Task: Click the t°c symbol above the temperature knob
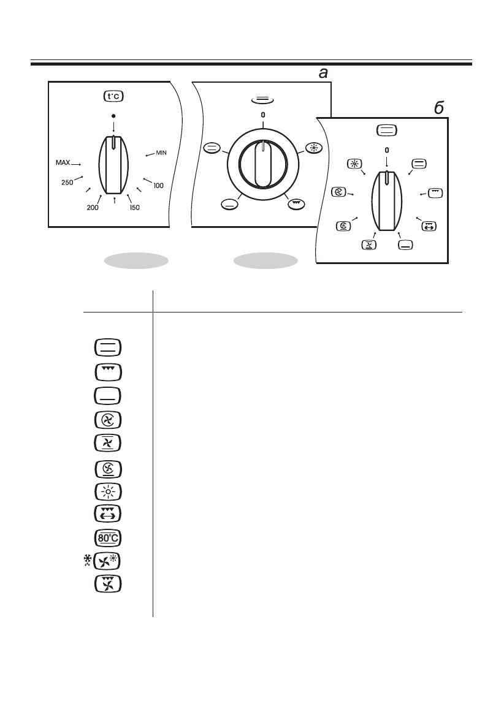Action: [113, 96]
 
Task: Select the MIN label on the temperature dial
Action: [161, 153]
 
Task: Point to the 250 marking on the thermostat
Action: [67, 182]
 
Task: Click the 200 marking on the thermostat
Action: [93, 208]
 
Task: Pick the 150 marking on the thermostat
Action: [135, 208]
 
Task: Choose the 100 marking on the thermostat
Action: [158, 185]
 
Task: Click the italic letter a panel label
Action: [323, 74]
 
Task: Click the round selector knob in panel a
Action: [262, 165]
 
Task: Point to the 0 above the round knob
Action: [262, 115]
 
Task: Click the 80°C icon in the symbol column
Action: [108, 539]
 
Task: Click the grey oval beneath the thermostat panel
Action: [136, 261]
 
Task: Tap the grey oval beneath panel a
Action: [265, 261]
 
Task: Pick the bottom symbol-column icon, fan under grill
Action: [108, 585]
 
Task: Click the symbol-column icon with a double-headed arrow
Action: [108, 513]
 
